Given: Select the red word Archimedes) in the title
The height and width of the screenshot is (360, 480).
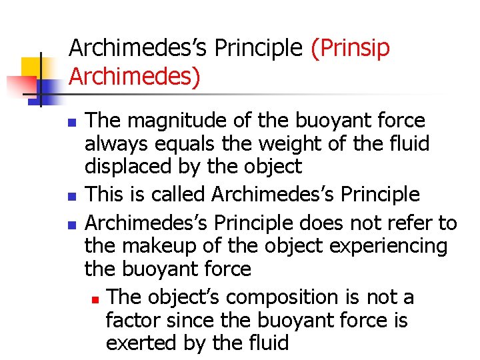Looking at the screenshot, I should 134,77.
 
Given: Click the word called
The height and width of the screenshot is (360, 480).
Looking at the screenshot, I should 176,195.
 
